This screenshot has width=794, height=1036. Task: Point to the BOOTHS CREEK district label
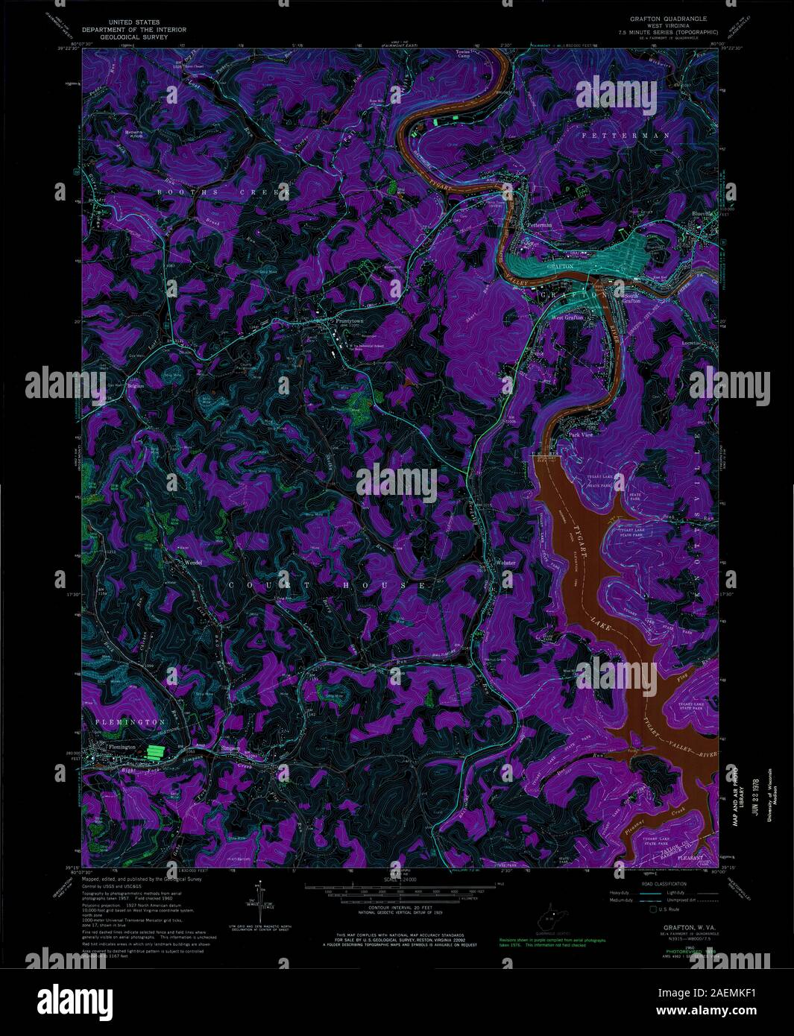(221, 192)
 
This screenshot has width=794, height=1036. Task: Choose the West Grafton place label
(567, 318)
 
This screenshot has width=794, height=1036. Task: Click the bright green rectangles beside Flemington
(156, 752)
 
